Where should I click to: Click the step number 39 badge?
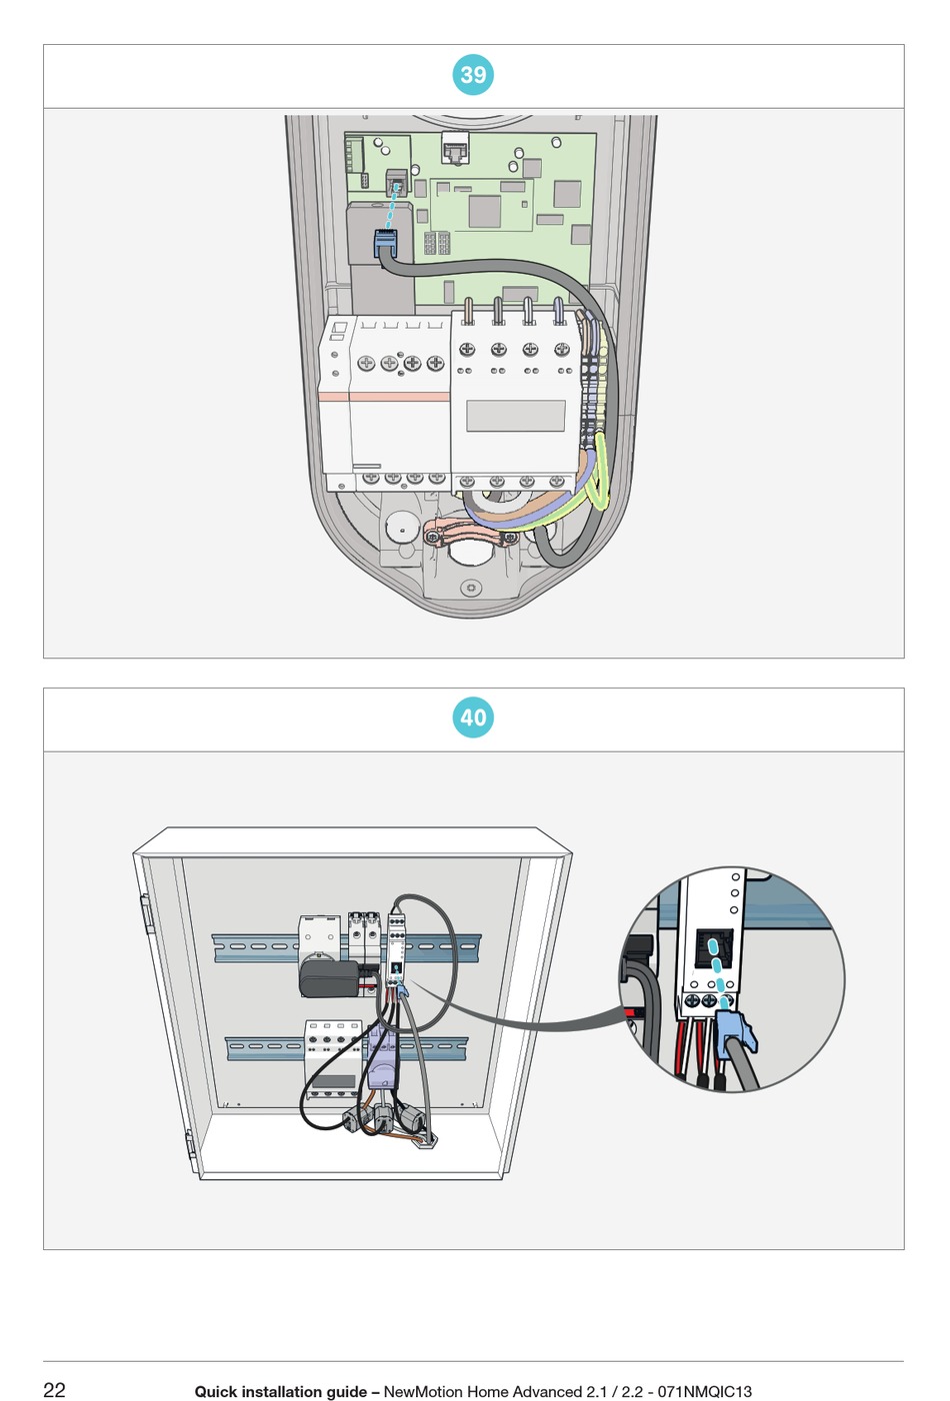(x=473, y=75)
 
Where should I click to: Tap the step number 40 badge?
(x=473, y=717)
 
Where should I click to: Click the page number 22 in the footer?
(x=54, y=1390)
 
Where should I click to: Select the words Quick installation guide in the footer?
(x=280, y=1391)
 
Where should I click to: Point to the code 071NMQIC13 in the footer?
(x=704, y=1391)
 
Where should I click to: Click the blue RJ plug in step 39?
(x=386, y=242)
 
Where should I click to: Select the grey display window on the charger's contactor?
(x=515, y=415)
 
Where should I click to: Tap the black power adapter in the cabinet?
(x=331, y=979)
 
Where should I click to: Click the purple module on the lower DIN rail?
(x=383, y=1063)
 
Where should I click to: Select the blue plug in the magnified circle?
(x=735, y=1030)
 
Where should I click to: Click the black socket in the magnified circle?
(x=713, y=947)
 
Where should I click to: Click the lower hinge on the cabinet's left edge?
(x=189, y=1143)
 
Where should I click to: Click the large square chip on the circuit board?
(x=484, y=211)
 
